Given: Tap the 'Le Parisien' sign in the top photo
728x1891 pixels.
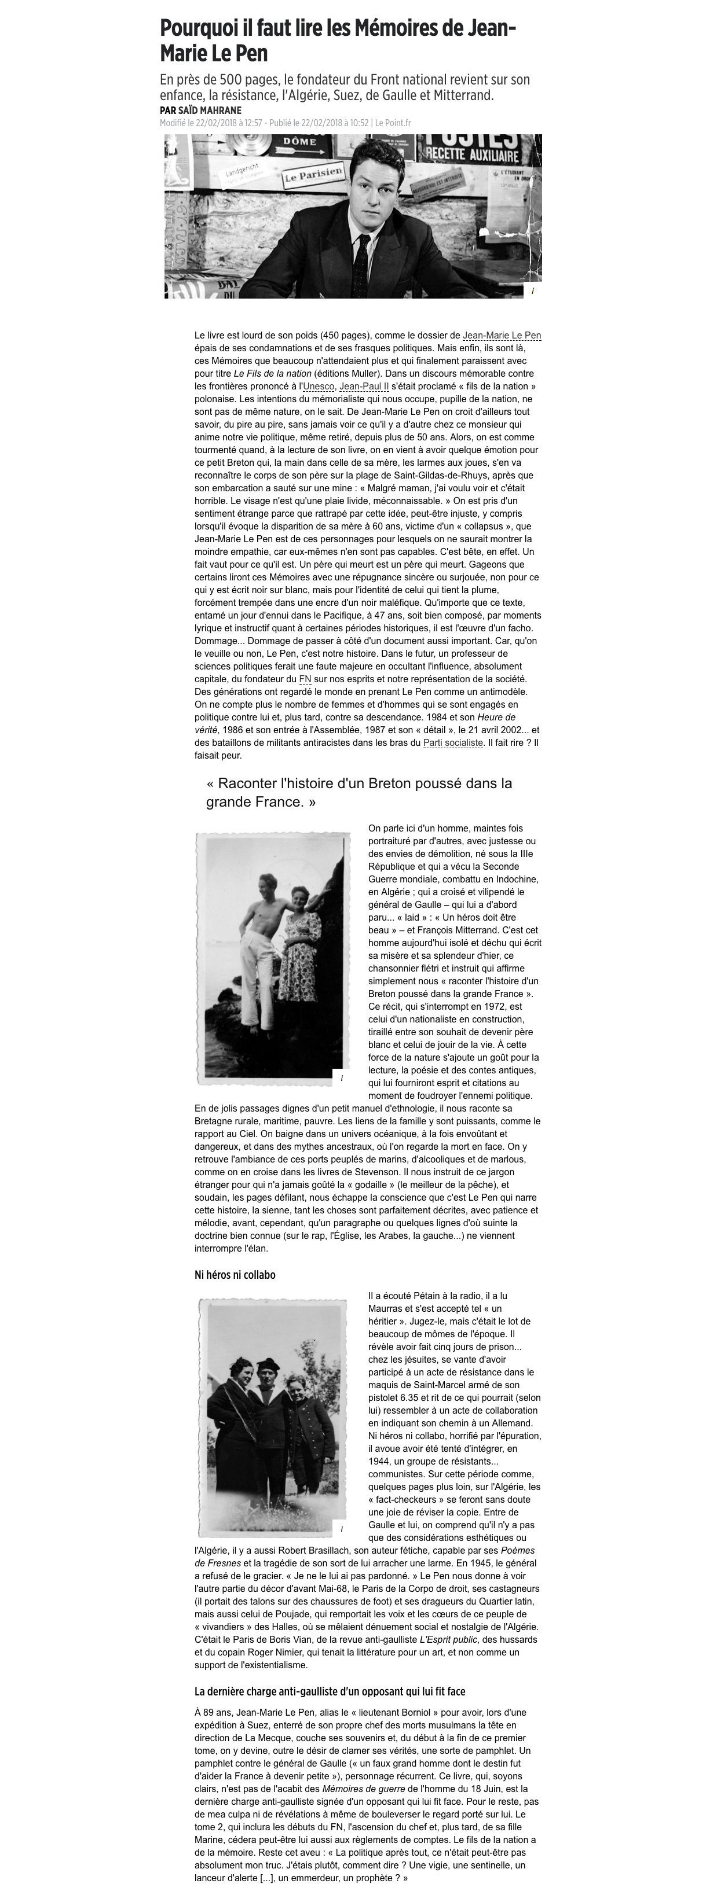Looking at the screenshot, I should pyautogui.click(x=314, y=175).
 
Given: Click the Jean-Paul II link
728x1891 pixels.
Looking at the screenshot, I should pyautogui.click(x=364, y=386).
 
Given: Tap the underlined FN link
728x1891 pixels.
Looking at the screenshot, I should pyautogui.click(x=305, y=679).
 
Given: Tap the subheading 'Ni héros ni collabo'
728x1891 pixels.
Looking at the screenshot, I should pyautogui.click(x=235, y=1275).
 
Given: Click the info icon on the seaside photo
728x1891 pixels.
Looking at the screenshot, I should pyautogui.click(x=341, y=1079).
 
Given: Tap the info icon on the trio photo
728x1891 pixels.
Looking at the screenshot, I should pyautogui.click(x=341, y=1528).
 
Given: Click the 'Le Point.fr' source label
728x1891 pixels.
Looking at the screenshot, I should pyautogui.click(x=393, y=123).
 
